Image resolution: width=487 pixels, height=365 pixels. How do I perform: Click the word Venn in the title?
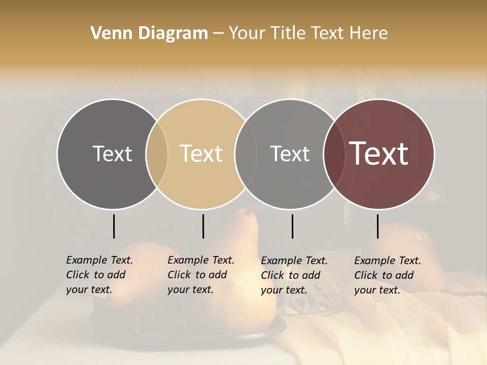tap(106, 33)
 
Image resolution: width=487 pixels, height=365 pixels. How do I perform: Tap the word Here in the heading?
tap(370, 33)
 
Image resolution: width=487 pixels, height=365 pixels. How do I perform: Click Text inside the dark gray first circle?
tap(112, 154)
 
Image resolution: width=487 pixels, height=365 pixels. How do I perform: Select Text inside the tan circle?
tap(201, 154)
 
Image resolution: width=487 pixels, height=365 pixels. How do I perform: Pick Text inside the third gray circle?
tap(290, 154)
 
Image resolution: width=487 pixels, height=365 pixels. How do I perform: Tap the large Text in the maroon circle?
tap(379, 154)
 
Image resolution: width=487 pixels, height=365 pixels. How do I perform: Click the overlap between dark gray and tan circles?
tap(157, 154)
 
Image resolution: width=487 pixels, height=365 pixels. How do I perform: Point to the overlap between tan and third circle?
tap(246, 154)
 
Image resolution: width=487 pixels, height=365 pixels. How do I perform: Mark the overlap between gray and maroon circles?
tap(334, 154)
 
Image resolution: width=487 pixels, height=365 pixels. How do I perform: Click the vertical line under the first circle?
tap(114, 226)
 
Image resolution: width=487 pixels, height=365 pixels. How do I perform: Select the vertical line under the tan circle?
tap(203, 226)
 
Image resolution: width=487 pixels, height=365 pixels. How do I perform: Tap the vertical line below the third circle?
tap(292, 226)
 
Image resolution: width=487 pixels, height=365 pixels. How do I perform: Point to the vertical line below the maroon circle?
tap(377, 226)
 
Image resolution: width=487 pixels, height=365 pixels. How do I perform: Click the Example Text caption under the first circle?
tap(99, 275)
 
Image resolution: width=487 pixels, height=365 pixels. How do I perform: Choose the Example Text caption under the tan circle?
tap(200, 275)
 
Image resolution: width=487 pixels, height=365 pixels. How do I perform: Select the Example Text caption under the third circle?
tap(294, 275)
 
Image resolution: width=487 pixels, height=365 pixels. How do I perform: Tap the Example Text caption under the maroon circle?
tap(387, 275)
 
